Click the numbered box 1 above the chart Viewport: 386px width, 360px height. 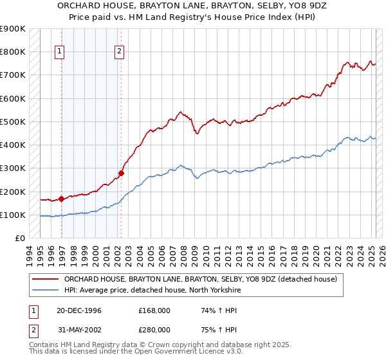coord(59,52)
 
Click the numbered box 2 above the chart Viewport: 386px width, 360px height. coord(120,52)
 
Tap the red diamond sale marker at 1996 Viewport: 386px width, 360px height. coord(62,199)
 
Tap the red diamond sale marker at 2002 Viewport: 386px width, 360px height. coord(121,173)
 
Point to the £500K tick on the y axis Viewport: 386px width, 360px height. coord(13,122)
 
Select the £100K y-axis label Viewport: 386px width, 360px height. coord(13,215)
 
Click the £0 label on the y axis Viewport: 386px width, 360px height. coord(19,238)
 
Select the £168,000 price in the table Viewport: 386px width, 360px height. coord(154,310)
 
